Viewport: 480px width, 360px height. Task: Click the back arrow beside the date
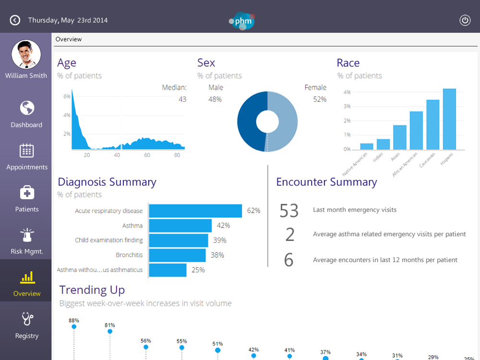coord(15,20)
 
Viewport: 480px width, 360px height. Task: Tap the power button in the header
coord(465,20)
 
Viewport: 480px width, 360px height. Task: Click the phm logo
coord(242,21)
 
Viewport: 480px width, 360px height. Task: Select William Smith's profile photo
coord(26,54)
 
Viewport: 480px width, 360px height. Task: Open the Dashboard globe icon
coord(27,108)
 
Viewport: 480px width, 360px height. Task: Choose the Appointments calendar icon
coord(27,150)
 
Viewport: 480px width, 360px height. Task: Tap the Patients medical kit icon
coord(27,192)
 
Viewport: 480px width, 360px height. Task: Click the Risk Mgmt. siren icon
coord(27,235)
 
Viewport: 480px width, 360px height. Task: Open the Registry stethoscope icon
coord(27,319)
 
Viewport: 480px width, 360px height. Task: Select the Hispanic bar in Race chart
coord(449,119)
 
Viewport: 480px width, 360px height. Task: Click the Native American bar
coord(367,146)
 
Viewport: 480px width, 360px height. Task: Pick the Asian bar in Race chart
coord(400,137)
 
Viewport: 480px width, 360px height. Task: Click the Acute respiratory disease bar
coord(195,211)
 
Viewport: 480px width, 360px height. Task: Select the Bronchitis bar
coord(177,255)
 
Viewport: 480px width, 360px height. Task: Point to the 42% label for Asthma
coord(223,226)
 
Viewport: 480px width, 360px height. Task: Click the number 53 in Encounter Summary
coord(289,211)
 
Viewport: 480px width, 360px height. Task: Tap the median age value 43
coord(182,99)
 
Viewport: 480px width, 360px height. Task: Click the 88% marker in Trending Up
coord(74,326)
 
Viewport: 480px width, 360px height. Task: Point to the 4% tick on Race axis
coord(347,92)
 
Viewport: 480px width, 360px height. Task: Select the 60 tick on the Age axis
coord(147,155)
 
